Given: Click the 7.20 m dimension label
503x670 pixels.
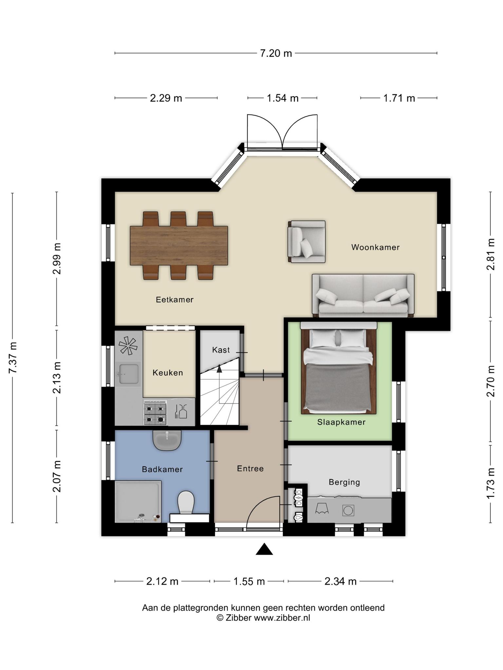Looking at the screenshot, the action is (276, 53).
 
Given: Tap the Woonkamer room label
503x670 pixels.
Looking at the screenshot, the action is (375, 247).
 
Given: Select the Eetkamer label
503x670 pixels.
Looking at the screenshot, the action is (175, 299).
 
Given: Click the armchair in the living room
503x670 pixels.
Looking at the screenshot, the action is (307, 241).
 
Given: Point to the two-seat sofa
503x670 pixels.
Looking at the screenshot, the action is (363, 295).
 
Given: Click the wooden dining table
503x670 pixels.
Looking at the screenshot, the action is (179, 245).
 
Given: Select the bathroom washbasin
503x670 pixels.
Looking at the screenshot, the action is (167, 440).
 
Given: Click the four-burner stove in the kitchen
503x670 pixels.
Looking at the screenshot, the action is (155, 413).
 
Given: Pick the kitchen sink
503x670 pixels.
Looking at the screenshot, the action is (129, 373).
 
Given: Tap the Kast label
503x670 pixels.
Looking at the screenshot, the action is (221, 350).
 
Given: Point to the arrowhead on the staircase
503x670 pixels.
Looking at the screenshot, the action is (219, 368).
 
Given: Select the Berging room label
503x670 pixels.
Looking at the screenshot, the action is (344, 482).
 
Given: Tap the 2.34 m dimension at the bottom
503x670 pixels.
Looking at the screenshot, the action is (340, 581).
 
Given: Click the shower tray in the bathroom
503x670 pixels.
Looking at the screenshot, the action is (138, 502).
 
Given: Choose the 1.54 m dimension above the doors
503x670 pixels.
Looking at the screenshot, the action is (282, 98).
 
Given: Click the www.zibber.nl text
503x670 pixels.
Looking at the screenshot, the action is (282, 618).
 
